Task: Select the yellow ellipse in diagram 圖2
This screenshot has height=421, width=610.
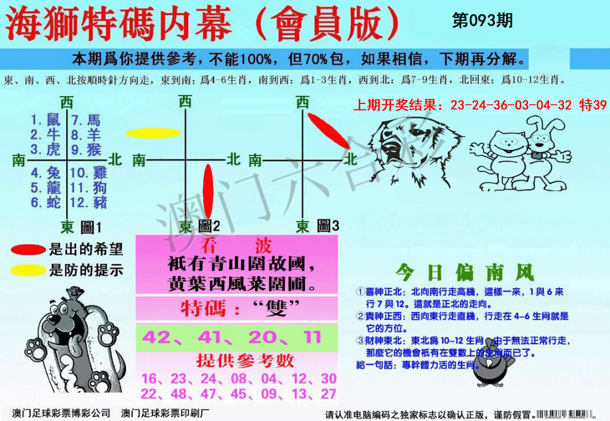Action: pyautogui.click(x=152, y=133)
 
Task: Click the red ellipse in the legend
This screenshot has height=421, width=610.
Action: pyautogui.click(x=28, y=249)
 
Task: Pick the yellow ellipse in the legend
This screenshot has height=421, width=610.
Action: pyautogui.click(x=28, y=270)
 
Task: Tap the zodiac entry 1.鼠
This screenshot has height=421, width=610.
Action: pyautogui.click(x=45, y=120)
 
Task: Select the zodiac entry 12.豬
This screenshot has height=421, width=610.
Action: pyautogui.click(x=89, y=202)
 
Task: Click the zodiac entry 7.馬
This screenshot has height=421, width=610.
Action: pyautogui.click(x=86, y=120)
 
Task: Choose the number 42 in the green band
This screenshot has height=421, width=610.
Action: pyautogui.click(x=157, y=337)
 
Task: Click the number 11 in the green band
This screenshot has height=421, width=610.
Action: pyautogui.click(x=311, y=337)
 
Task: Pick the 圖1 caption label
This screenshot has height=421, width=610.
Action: pyautogui.click(x=90, y=227)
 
